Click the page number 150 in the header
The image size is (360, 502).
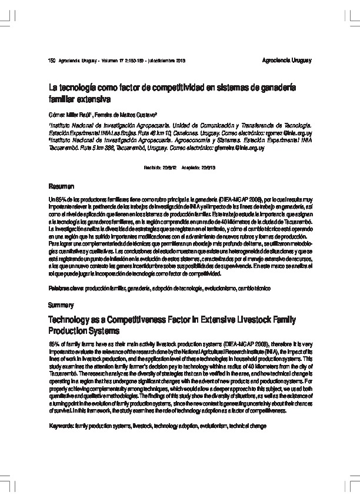(x=50, y=61)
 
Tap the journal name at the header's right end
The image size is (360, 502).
(x=286, y=61)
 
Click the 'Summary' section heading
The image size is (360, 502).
(x=61, y=305)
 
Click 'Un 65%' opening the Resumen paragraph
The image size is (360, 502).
(x=56, y=200)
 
